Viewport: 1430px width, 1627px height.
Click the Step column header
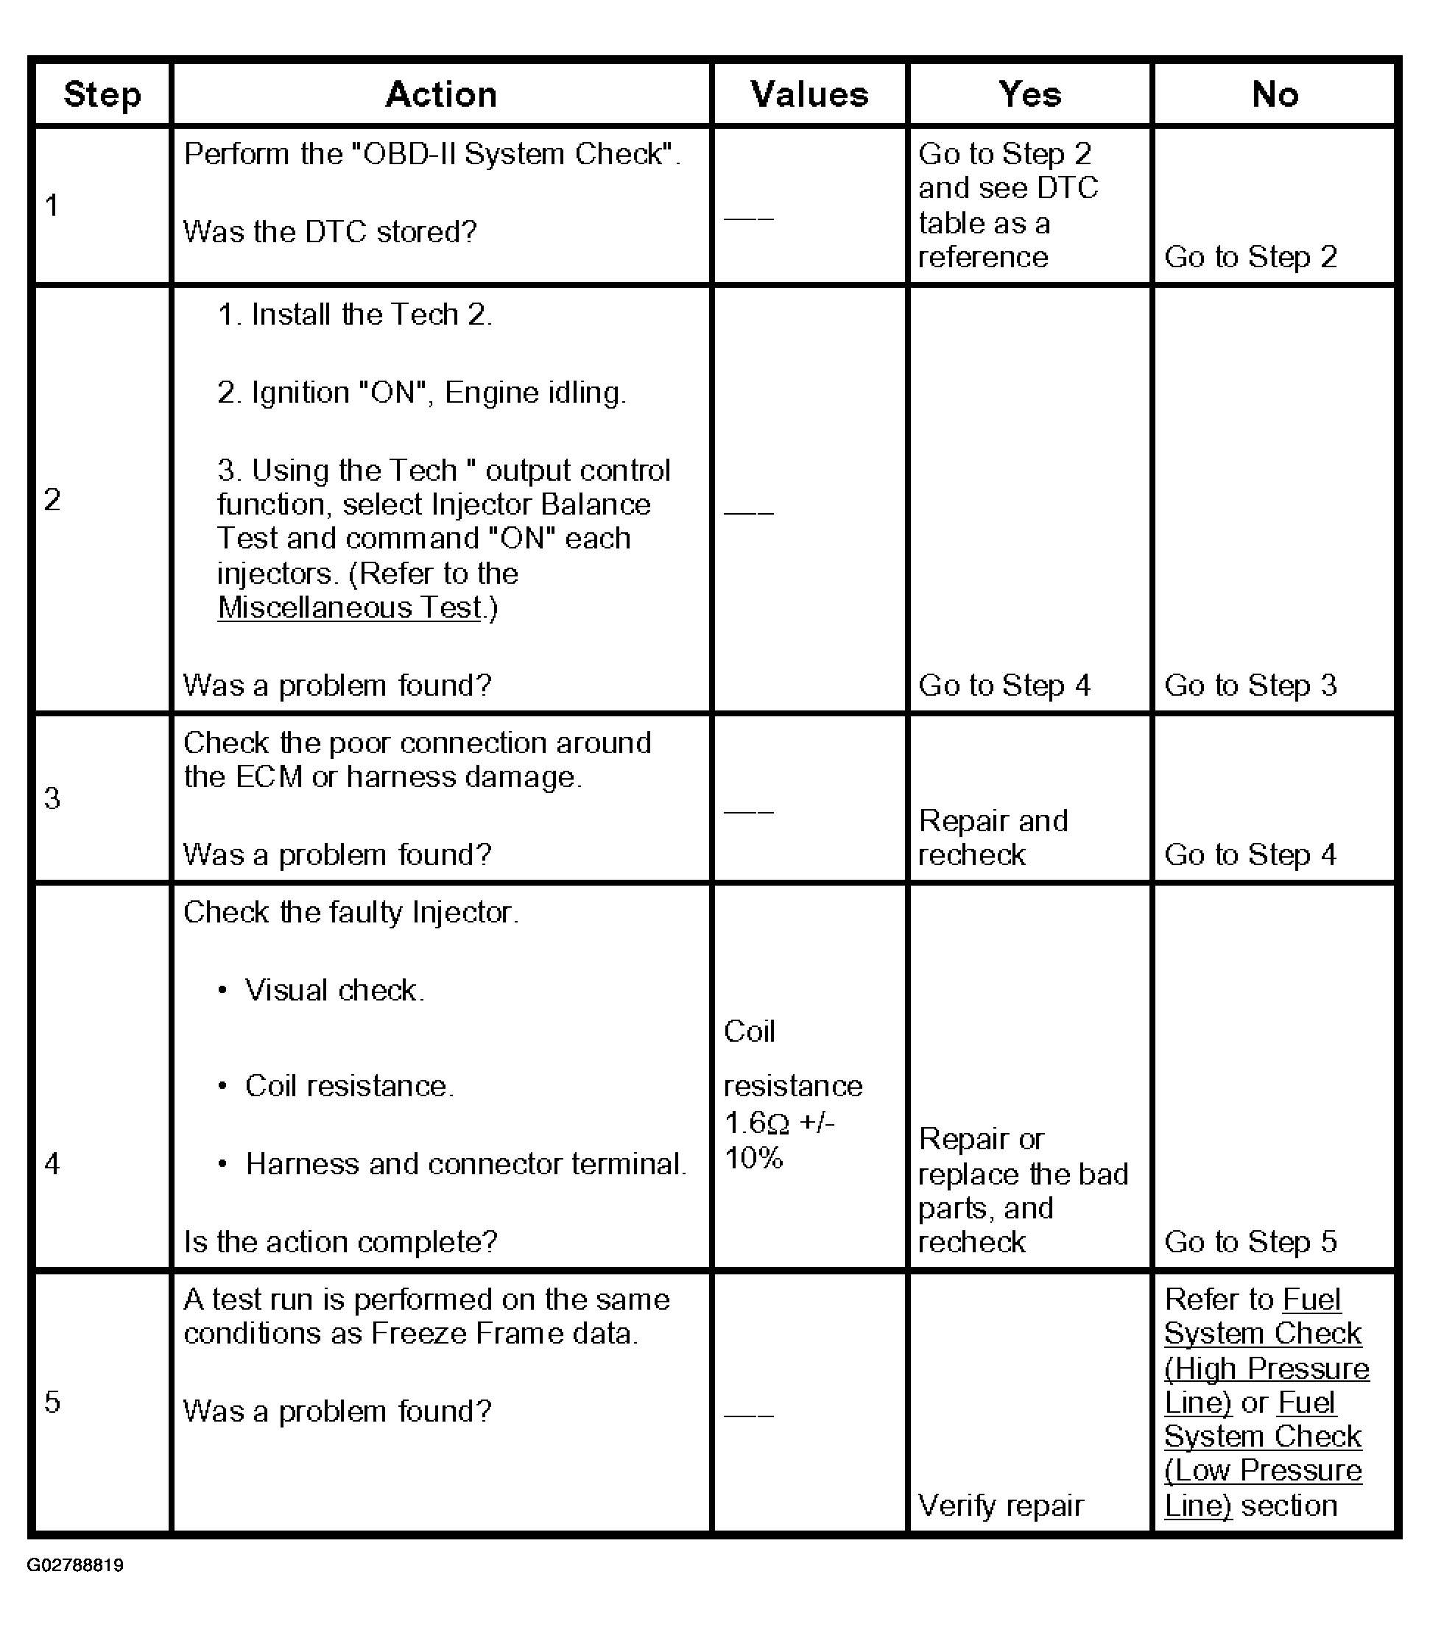coord(102,95)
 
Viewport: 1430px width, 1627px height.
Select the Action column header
coord(441,95)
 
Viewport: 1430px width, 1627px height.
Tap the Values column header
coord(809,95)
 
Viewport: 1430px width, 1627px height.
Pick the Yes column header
coord(1029,95)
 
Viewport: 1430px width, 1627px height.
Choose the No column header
coord(1275,95)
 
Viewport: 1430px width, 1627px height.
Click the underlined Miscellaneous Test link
coord(350,608)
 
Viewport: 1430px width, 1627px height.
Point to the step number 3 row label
coord(52,798)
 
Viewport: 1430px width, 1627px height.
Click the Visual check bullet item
coord(334,990)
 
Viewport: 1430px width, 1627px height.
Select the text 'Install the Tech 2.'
coord(355,315)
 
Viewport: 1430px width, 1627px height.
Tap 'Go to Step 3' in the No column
coord(1250,685)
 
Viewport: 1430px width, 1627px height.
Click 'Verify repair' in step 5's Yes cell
coord(1001,1506)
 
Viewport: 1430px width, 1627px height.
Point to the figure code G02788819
coord(76,1565)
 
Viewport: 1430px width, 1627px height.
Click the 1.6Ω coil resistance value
coord(756,1123)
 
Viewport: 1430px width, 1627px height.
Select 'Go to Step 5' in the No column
coord(1250,1242)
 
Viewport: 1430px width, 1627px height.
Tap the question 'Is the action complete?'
coord(340,1242)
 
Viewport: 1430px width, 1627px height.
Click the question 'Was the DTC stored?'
coord(330,232)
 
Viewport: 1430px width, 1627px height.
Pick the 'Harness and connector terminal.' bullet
coord(465,1164)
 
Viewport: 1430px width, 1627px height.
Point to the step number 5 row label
coord(52,1402)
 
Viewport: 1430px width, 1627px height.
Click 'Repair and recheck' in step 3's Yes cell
coord(992,837)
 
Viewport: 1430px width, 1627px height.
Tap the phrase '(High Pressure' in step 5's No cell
coord(1266,1369)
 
